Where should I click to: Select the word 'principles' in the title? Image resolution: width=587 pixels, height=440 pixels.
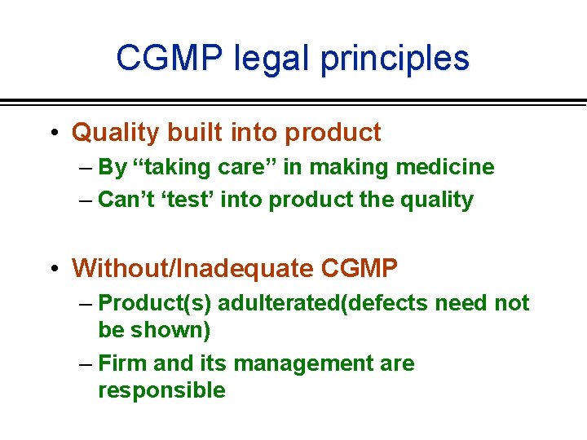[394, 58]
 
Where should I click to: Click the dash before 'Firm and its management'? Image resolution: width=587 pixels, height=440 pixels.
[86, 363]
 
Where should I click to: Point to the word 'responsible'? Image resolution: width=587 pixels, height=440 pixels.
[161, 390]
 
